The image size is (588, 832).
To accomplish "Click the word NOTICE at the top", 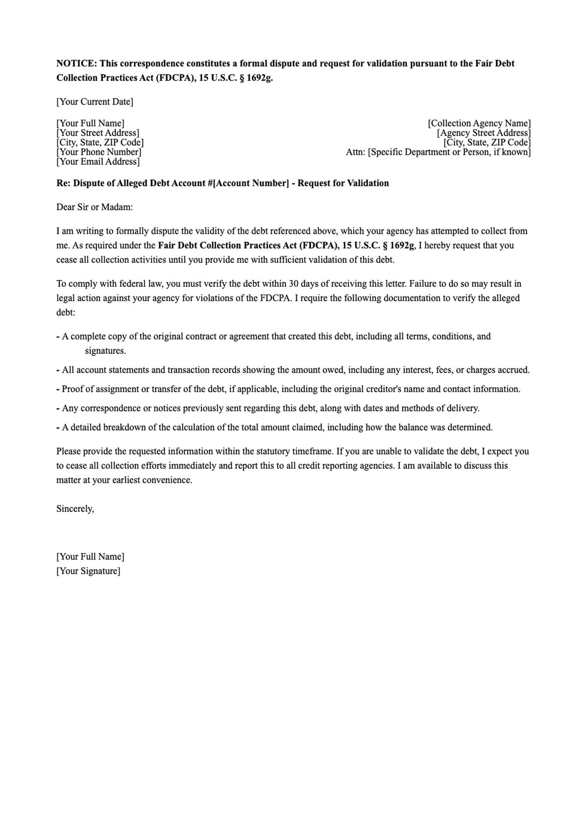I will click(x=76, y=64).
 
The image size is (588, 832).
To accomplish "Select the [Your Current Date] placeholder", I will click(x=95, y=102).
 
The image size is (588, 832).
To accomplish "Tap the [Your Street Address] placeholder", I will click(x=98, y=133).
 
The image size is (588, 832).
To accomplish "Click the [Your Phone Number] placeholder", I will click(x=98, y=152).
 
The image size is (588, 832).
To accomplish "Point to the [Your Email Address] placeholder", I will click(x=98, y=162).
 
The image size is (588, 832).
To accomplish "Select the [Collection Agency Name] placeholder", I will click(x=479, y=124).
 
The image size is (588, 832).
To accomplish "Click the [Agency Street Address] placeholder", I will click(x=484, y=133).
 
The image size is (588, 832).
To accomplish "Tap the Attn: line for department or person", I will click(x=438, y=152).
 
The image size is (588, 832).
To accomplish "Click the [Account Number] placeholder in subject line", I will click(x=251, y=183).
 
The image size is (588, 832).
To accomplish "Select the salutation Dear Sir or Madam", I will click(x=95, y=207).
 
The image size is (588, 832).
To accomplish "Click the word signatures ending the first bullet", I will click(x=105, y=351).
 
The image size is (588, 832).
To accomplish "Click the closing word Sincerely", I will click(x=75, y=509).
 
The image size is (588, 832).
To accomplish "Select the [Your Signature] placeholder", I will click(x=88, y=571).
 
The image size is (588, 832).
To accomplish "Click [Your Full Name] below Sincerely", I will click(x=90, y=557).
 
